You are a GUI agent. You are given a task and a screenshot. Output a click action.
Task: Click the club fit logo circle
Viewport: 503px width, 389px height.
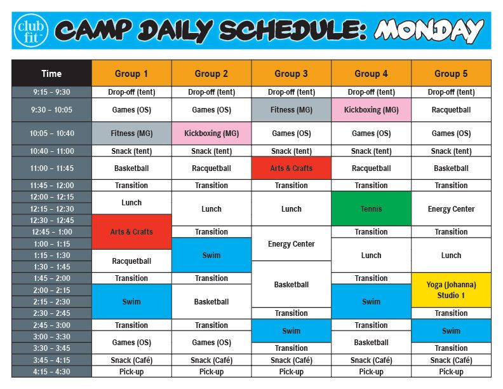tap(31, 31)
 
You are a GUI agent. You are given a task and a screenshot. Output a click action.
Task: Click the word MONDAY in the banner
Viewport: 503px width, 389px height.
tap(429, 31)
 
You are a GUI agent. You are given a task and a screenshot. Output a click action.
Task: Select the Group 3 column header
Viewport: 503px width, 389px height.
tap(292, 73)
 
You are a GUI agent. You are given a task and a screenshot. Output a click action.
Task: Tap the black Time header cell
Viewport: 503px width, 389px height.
tap(51, 73)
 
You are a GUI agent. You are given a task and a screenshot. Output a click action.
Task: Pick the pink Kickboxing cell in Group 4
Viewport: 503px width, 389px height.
tap(371, 110)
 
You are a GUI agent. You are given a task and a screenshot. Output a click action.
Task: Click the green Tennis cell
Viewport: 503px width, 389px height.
tap(371, 208)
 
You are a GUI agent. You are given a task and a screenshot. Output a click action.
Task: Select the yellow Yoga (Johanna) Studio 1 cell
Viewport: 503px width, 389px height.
tap(451, 290)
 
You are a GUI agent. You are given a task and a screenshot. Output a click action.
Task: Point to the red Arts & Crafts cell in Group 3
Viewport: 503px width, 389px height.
tap(292, 168)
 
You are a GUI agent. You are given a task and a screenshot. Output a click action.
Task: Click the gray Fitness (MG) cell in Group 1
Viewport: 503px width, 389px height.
tap(131, 133)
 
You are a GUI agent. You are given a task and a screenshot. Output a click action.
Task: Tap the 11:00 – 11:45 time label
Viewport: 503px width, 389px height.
tap(51, 168)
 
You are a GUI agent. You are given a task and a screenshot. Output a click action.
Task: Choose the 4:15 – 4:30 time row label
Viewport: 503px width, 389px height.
tap(51, 372)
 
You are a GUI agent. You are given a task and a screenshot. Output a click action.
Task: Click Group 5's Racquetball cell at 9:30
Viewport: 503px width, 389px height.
tap(451, 110)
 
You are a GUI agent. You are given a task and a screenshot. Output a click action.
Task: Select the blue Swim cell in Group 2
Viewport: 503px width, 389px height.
tap(211, 255)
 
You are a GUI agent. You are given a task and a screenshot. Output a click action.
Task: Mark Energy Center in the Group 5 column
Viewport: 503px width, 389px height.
tap(451, 208)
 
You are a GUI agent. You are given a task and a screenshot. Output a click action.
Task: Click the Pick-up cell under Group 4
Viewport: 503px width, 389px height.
tap(371, 372)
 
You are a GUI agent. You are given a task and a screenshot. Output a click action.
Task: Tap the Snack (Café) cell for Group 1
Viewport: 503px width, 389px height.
tap(131, 360)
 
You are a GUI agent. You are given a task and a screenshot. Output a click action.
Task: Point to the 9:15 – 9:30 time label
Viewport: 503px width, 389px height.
tap(51, 92)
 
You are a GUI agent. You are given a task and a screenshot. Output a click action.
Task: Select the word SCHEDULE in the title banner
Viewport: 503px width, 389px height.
tap(292, 31)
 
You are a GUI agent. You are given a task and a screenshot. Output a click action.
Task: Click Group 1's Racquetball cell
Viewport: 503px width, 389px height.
tap(131, 261)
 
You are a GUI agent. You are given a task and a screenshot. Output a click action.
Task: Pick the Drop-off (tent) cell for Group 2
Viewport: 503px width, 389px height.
tap(211, 92)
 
